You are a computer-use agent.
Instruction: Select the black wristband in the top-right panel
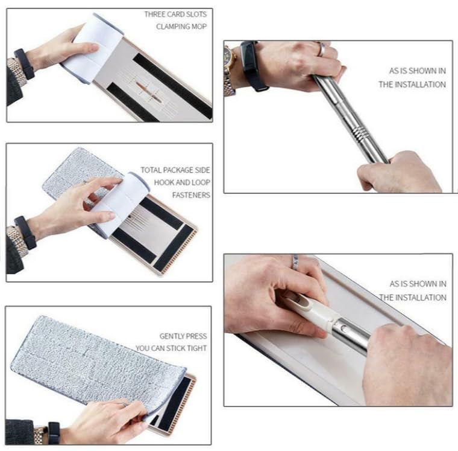(251, 66)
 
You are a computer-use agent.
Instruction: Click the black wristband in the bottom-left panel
(54, 432)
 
